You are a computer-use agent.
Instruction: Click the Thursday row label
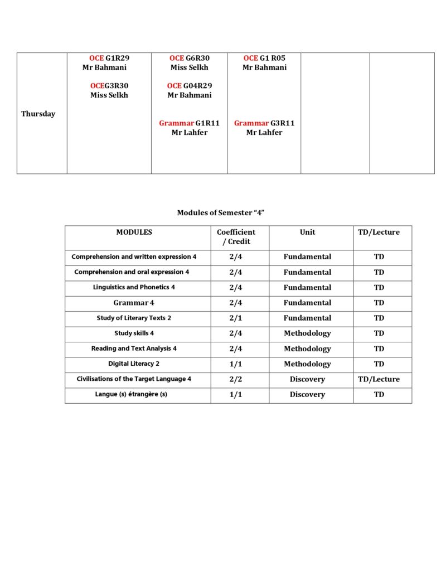pyautogui.click(x=38, y=114)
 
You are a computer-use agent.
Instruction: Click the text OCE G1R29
pyautogui.click(x=109, y=58)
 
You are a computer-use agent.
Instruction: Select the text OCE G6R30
pyautogui.click(x=190, y=58)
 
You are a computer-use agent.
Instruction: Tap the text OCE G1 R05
pyautogui.click(x=264, y=58)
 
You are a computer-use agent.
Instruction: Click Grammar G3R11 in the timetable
pyautogui.click(x=264, y=123)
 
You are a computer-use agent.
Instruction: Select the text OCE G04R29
pyautogui.click(x=190, y=86)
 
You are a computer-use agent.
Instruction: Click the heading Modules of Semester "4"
pyautogui.click(x=220, y=212)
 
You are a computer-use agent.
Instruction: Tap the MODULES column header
pyautogui.click(x=134, y=233)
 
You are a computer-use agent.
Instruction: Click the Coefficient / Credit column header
pyautogui.click(x=236, y=237)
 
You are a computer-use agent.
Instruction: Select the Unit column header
pyautogui.click(x=307, y=233)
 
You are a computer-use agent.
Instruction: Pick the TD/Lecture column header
pyautogui.click(x=379, y=233)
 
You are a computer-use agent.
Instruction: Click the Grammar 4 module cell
pyautogui.click(x=134, y=303)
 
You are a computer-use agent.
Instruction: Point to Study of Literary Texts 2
pyautogui.click(x=134, y=318)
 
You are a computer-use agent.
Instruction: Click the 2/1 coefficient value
pyautogui.click(x=236, y=318)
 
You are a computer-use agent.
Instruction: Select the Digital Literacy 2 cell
pyautogui.click(x=134, y=364)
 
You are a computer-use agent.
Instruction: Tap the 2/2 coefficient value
pyautogui.click(x=236, y=379)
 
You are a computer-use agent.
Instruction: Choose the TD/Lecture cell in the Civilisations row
pyautogui.click(x=379, y=379)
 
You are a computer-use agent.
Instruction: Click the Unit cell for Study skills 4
pyautogui.click(x=307, y=333)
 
